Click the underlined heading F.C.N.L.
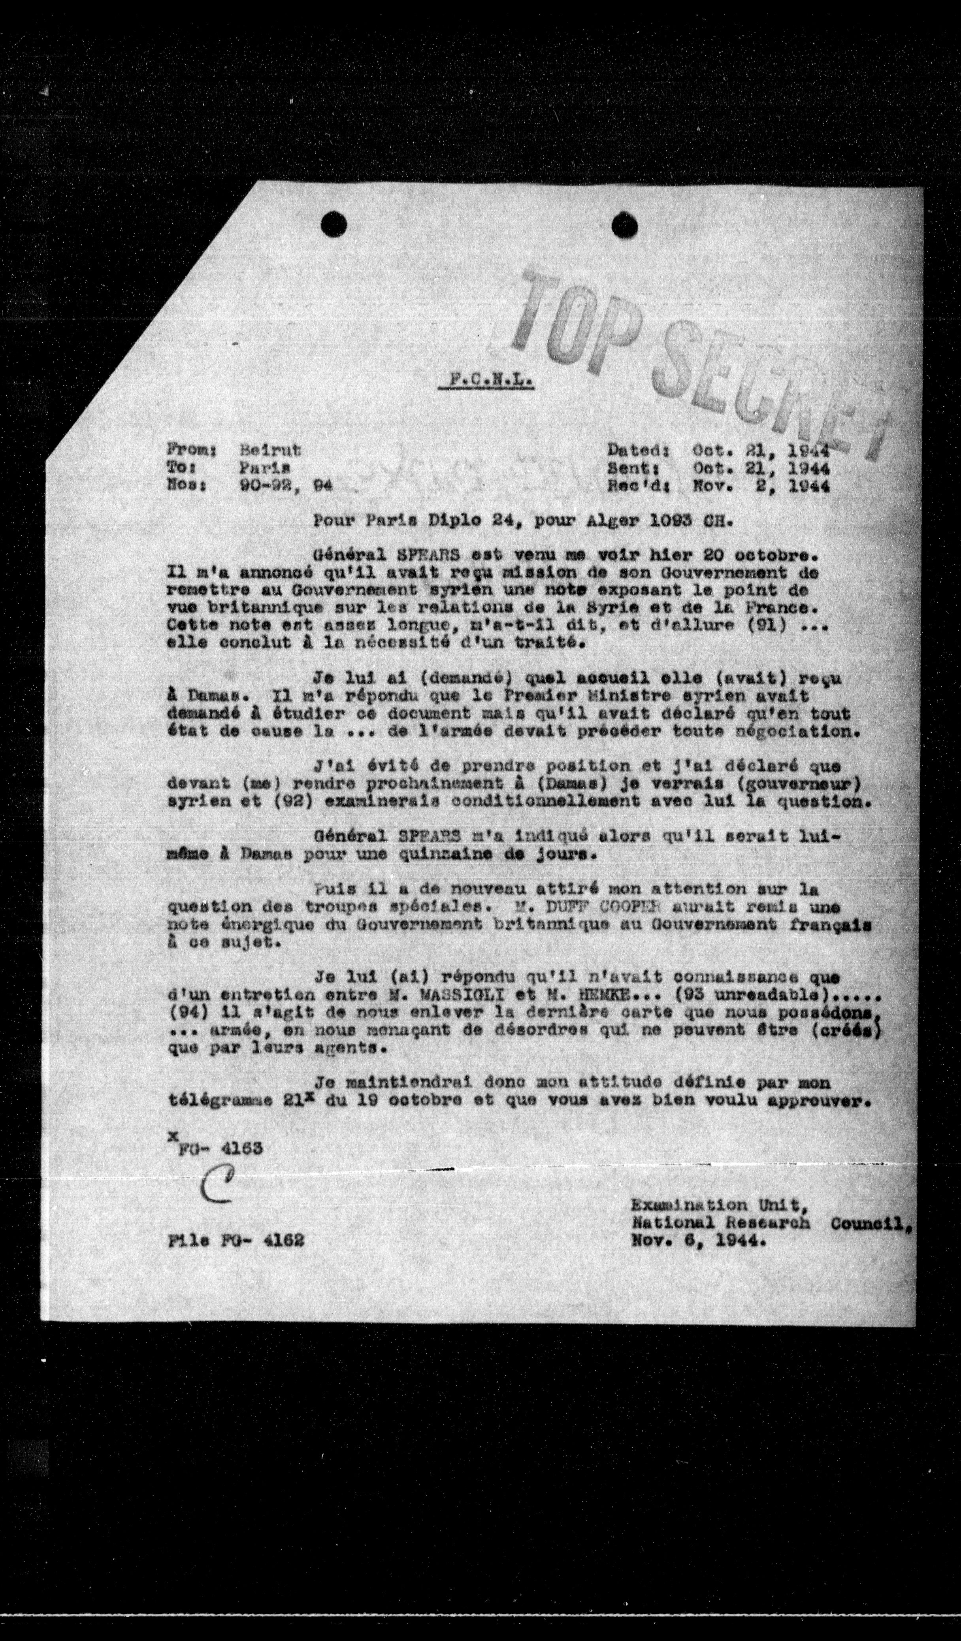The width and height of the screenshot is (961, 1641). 486,380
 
